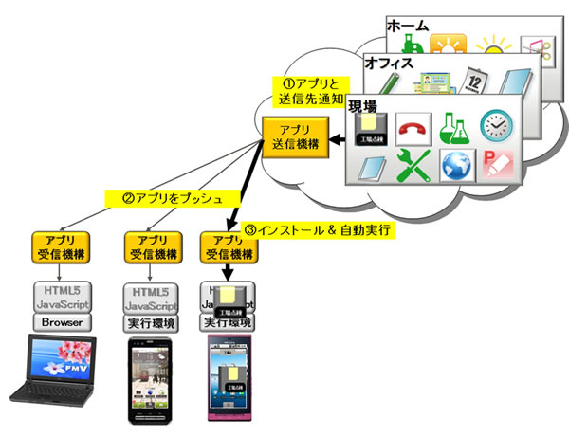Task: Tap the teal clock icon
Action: click(x=497, y=126)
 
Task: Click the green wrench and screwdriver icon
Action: click(x=413, y=169)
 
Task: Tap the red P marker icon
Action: click(x=497, y=169)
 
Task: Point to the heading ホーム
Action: click(x=409, y=27)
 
